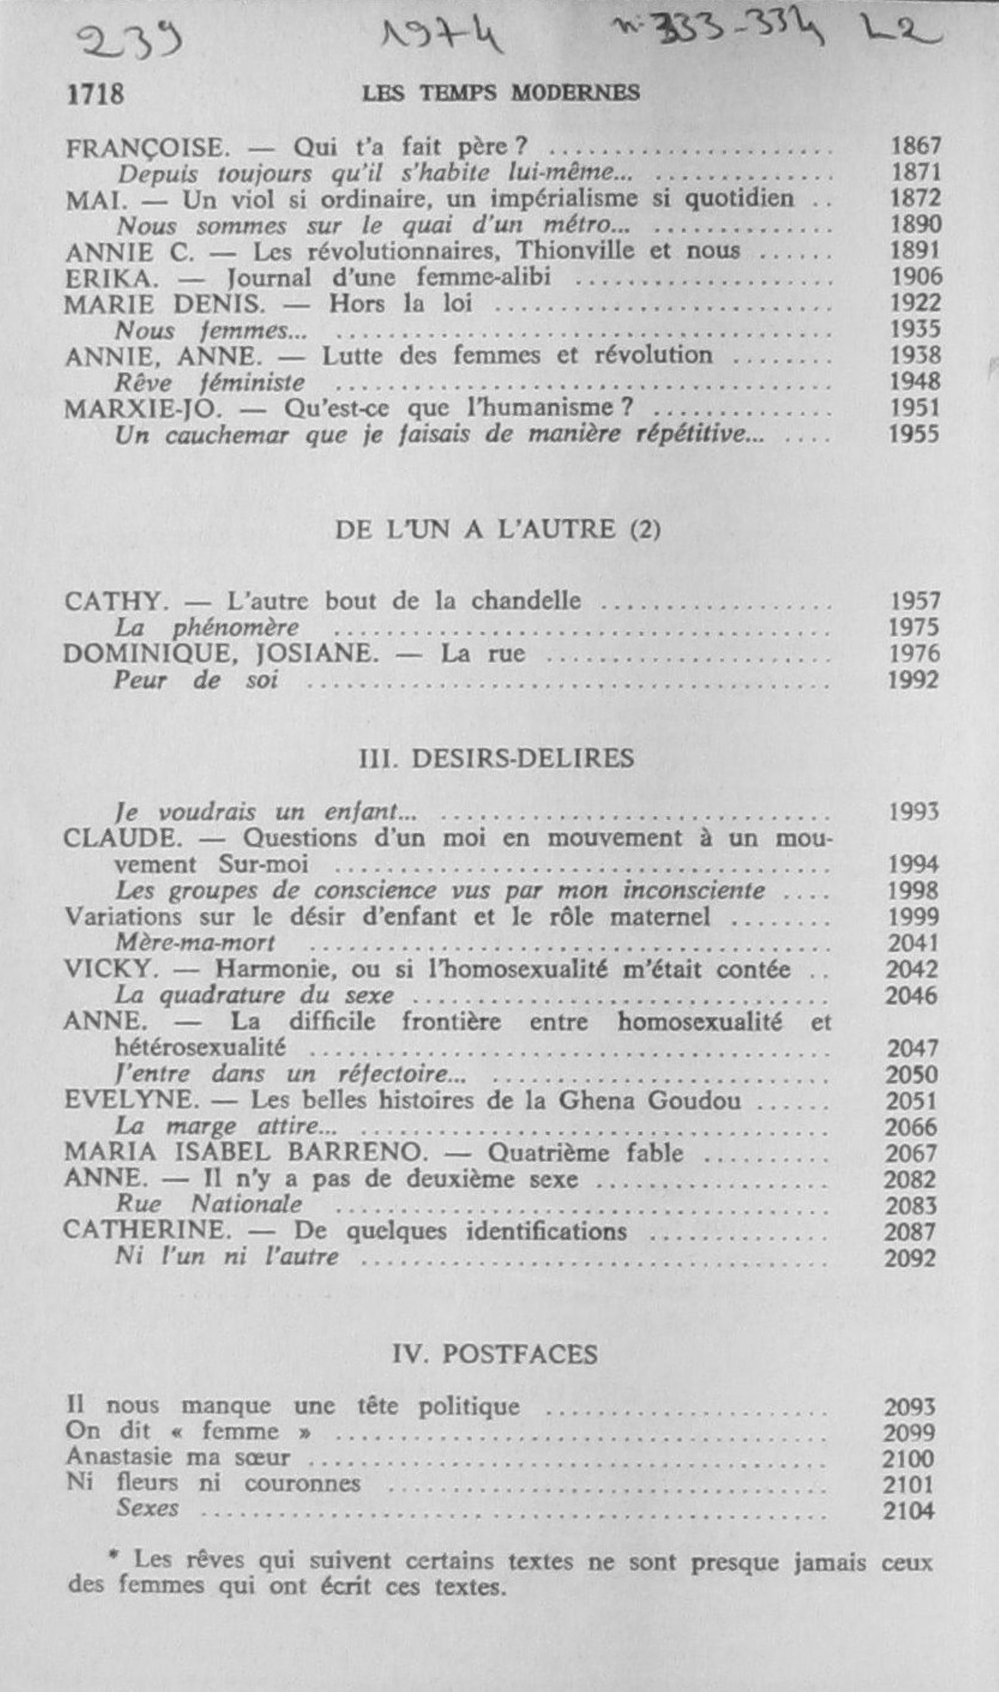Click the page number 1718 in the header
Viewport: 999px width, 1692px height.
click(95, 94)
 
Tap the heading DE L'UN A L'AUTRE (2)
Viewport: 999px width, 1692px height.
click(498, 530)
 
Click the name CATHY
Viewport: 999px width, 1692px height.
click(116, 601)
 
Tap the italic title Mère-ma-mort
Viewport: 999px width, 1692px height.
click(195, 943)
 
